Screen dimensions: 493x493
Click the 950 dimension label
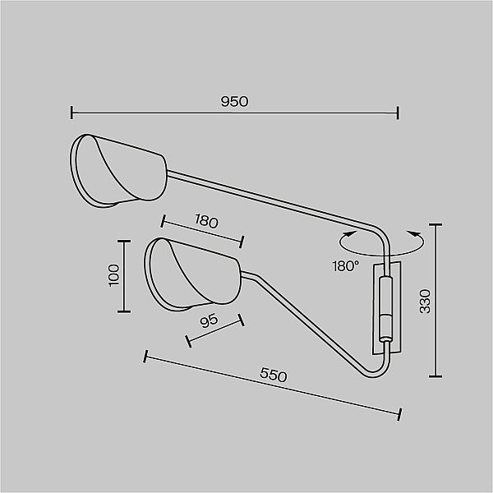pos(234,102)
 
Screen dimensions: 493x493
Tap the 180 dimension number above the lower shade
pos(206,220)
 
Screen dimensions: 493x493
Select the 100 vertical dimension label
pos(114,275)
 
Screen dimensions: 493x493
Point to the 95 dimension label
pos(209,320)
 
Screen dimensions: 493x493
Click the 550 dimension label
pos(274,375)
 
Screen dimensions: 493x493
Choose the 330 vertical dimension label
pos(425,302)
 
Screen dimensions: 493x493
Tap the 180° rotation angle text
pos(346,266)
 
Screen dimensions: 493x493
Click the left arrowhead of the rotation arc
pos(350,233)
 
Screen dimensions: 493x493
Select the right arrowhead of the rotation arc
pos(413,233)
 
